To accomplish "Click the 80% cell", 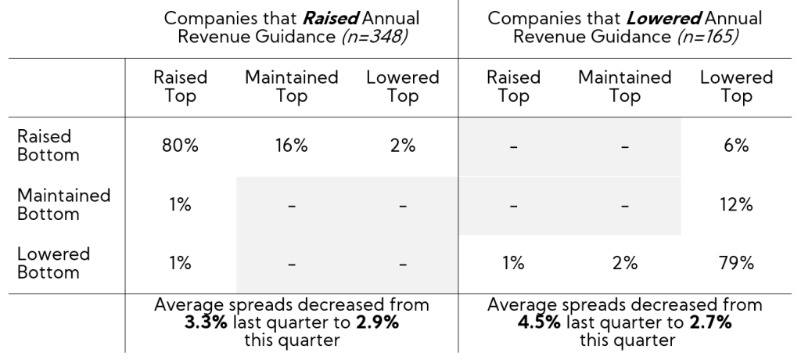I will click(x=181, y=146).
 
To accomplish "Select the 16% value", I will click(x=291, y=146).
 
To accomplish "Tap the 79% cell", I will click(x=736, y=263).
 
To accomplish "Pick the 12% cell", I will click(x=736, y=205).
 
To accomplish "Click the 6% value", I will click(x=736, y=146).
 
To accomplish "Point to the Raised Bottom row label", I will click(x=48, y=146).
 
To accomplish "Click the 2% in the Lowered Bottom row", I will click(x=624, y=263).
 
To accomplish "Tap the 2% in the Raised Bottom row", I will click(x=402, y=146).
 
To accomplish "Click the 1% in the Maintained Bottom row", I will click(x=181, y=205).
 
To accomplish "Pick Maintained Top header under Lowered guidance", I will click(x=624, y=87).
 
